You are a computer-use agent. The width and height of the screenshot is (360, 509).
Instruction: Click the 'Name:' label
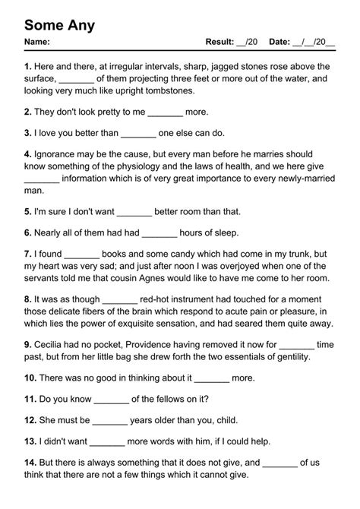[x=37, y=42]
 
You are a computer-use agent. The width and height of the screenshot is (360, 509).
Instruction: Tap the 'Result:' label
[x=220, y=42]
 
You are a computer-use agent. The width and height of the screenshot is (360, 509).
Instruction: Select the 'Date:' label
[x=280, y=42]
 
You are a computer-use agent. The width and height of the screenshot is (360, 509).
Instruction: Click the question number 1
[x=27, y=67]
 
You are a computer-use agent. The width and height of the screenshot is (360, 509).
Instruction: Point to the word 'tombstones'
[x=169, y=90]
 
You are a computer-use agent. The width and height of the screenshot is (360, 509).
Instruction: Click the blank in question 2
[x=166, y=112]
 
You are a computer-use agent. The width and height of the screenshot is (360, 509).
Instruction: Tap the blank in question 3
[x=137, y=133]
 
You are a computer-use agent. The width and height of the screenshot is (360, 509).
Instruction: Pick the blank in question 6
[x=159, y=232]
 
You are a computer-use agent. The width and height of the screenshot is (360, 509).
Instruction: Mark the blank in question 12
[x=110, y=420]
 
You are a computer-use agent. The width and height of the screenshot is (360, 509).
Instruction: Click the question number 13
[x=30, y=441]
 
